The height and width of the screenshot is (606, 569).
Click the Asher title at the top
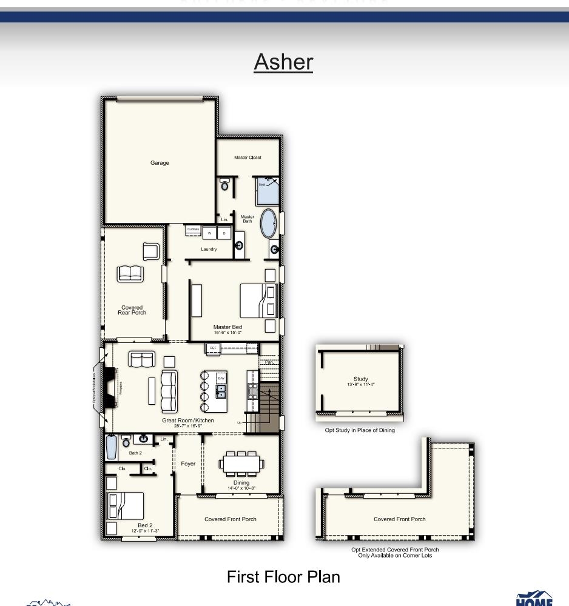pyautogui.click(x=283, y=62)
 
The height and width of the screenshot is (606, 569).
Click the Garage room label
pyautogui.click(x=160, y=162)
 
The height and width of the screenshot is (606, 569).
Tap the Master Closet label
pyautogui.click(x=247, y=158)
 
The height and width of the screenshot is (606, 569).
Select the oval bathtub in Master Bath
pyautogui.click(x=268, y=224)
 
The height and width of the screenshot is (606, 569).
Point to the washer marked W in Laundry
pyautogui.click(x=210, y=233)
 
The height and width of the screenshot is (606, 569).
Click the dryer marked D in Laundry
pyautogui.click(x=224, y=233)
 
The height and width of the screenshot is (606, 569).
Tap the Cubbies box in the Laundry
pyautogui.click(x=193, y=230)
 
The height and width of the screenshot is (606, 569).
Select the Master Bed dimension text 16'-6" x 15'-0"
pyautogui.click(x=227, y=333)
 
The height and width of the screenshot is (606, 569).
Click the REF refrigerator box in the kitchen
pyautogui.click(x=213, y=348)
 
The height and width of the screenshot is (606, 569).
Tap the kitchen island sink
pyautogui.click(x=221, y=390)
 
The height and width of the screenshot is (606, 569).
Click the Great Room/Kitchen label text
pyautogui.click(x=187, y=420)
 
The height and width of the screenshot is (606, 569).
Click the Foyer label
pyautogui.click(x=188, y=464)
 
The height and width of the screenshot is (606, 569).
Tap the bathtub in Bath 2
pyautogui.click(x=110, y=447)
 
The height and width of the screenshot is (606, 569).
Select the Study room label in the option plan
pyautogui.click(x=360, y=379)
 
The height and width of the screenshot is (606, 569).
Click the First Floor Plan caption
pyautogui.click(x=283, y=577)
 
